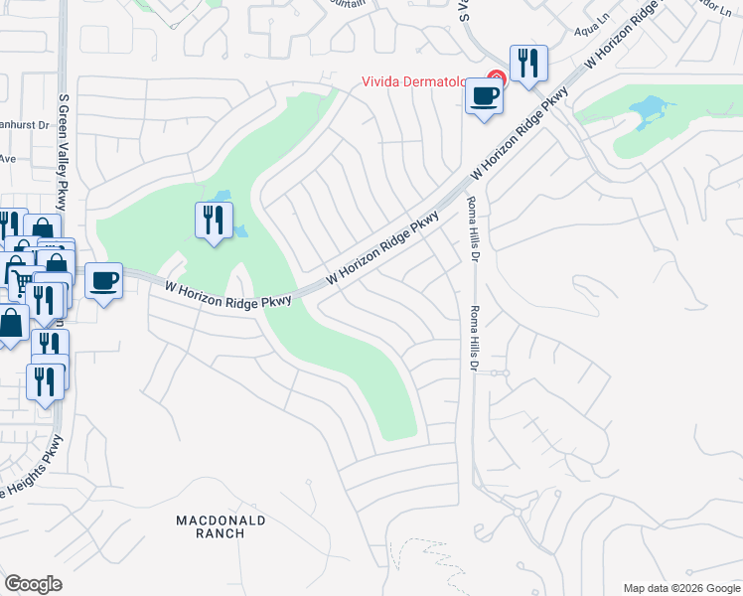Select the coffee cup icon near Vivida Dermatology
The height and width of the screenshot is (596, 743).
coord(484,97)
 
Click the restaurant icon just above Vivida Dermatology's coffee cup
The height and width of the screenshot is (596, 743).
coord(528,64)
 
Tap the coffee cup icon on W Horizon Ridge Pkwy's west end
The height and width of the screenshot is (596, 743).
coord(103,281)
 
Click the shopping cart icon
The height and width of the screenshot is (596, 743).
coord(19,282)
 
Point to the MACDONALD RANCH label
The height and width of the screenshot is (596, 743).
coord(221,526)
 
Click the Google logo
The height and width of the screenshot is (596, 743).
coord(34,583)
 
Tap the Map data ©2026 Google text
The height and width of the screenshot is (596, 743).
coord(680,588)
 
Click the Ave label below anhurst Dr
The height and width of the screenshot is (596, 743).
coord(8,158)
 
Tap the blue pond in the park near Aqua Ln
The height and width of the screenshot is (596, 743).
coord(648,110)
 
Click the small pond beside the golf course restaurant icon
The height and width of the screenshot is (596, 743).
coord(239,231)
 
